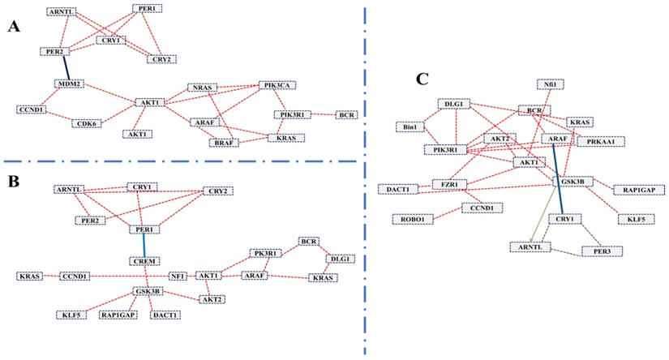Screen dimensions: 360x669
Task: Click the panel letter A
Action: [x=14, y=27]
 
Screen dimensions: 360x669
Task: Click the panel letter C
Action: [x=421, y=79]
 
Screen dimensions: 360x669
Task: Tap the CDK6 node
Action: [x=84, y=123]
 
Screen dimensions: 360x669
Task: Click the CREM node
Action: [x=143, y=261]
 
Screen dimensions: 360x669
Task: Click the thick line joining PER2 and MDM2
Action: [x=61, y=68]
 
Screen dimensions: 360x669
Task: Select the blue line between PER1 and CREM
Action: [x=143, y=244]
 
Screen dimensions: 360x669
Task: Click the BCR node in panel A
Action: [x=348, y=115]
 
